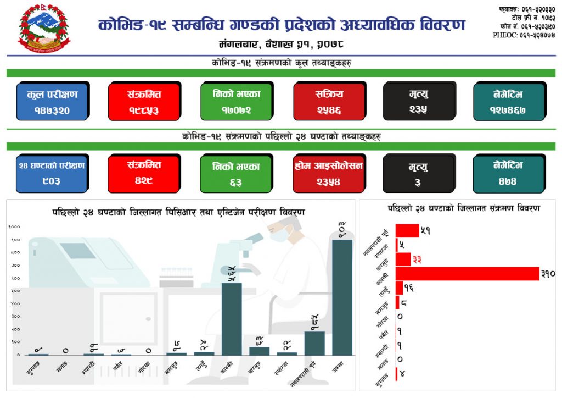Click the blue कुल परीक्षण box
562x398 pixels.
(52, 101)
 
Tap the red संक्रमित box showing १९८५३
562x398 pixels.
(144, 101)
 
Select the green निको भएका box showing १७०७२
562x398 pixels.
(236, 101)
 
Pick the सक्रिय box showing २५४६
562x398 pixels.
(328, 101)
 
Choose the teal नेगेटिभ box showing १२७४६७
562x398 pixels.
(508, 101)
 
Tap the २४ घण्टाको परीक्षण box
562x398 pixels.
(52, 173)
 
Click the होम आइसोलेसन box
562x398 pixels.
(328, 173)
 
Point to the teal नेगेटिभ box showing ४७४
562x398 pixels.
(508, 173)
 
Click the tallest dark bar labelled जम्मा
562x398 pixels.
(342, 297)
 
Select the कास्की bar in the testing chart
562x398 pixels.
(232, 319)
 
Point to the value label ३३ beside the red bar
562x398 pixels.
(417, 259)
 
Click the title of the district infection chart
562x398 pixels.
(463, 208)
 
